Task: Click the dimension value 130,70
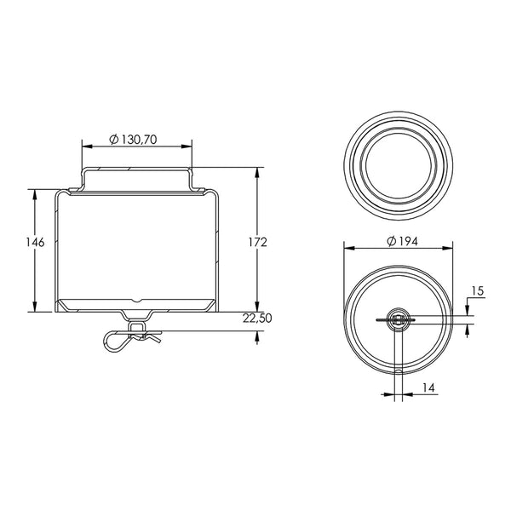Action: click(139, 140)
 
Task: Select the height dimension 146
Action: click(35, 242)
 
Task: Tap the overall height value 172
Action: click(257, 242)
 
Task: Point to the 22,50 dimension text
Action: click(257, 318)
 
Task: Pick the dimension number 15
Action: click(478, 290)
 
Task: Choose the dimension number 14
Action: click(428, 388)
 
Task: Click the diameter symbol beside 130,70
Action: click(114, 140)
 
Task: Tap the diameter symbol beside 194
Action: click(392, 242)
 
